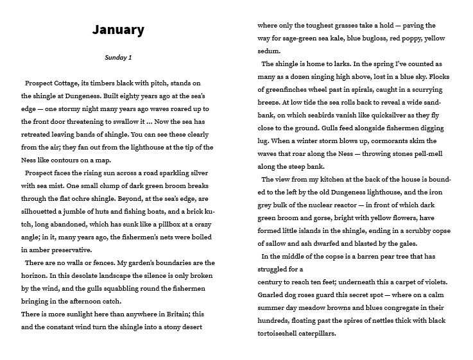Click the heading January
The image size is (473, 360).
(x=118, y=30)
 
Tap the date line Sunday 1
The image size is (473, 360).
(x=118, y=58)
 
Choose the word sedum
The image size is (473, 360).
(x=269, y=51)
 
